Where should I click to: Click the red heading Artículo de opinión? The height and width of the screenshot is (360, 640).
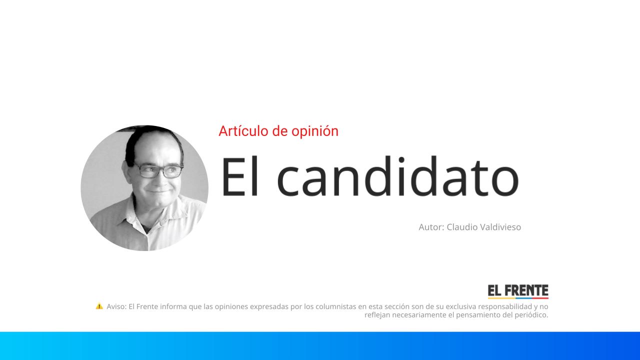coord(278,131)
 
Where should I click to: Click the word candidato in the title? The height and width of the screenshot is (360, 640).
coord(397,176)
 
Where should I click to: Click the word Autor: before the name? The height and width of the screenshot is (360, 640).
coord(431,227)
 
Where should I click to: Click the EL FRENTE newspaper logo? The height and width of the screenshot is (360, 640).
coord(518,291)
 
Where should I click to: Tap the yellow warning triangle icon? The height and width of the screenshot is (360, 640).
coord(99,306)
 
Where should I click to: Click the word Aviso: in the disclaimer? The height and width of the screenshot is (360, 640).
coord(116,306)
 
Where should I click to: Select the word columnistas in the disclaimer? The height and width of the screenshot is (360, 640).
coord(336,306)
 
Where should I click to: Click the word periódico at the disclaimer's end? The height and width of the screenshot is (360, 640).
coord(530,315)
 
